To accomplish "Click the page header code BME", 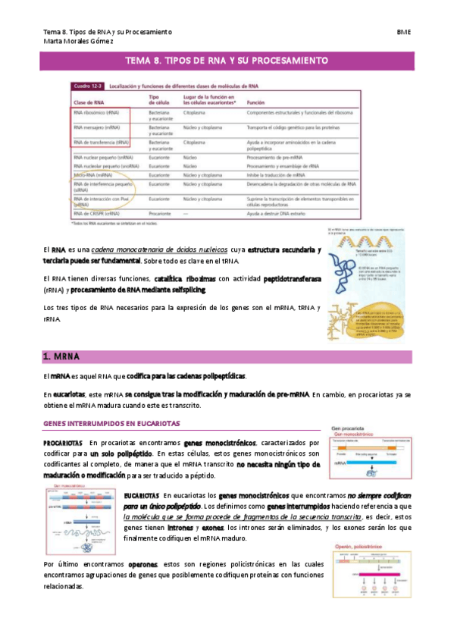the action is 403,32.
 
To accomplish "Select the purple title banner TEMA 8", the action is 227,60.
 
